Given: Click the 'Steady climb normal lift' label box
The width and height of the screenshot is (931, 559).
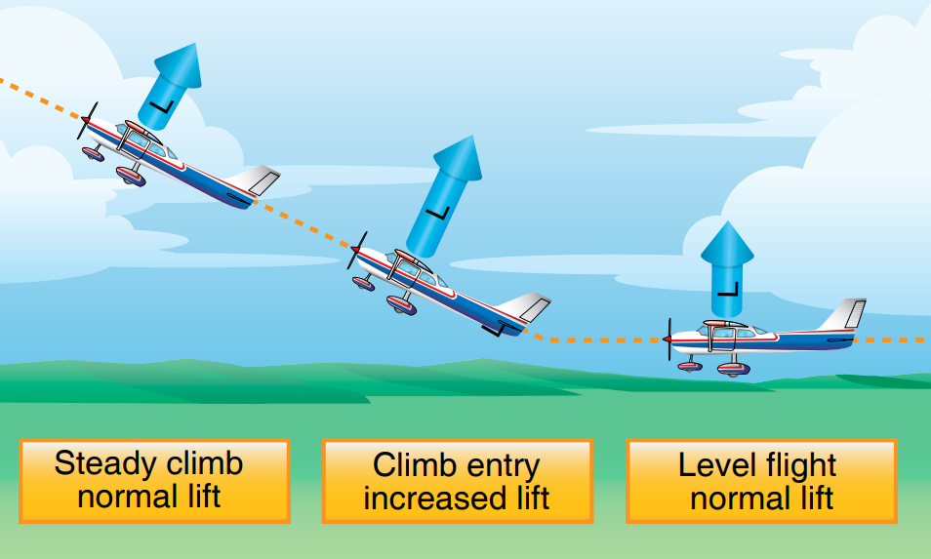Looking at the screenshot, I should click(x=154, y=480).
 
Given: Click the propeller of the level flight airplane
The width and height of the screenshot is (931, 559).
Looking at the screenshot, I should click(x=669, y=339).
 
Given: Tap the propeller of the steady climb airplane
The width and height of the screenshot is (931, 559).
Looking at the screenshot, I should click(x=86, y=121).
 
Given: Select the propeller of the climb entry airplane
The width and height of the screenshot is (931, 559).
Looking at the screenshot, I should click(x=356, y=252).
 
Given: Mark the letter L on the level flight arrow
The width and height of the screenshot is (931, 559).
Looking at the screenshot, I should click(x=727, y=289).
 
